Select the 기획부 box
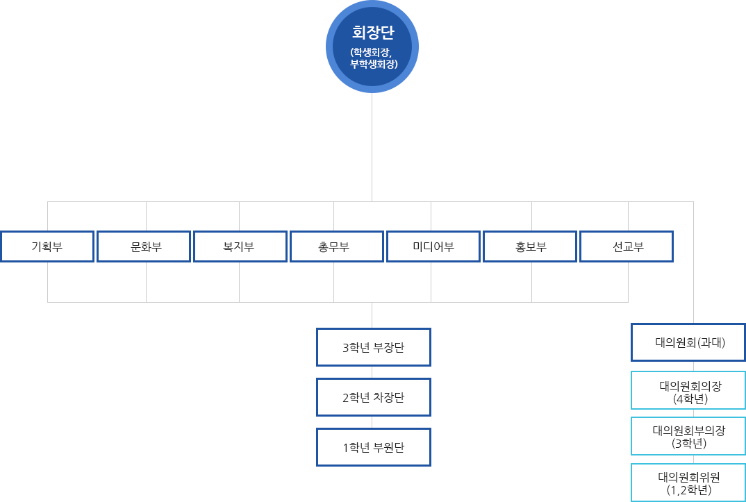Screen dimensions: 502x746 point(47,246)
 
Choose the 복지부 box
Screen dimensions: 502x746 point(239,246)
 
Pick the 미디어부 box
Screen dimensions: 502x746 point(433,246)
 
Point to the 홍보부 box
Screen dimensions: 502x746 point(531,246)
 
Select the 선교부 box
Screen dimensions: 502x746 point(627,246)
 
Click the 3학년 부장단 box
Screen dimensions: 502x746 point(373,347)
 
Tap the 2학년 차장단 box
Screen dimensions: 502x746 point(373,397)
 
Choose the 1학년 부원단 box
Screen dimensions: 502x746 point(373,447)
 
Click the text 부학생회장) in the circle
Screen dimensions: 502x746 point(374,64)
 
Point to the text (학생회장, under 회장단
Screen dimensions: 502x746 point(372,52)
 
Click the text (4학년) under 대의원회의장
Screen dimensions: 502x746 point(690,399)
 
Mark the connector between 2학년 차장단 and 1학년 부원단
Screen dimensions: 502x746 point(372,422)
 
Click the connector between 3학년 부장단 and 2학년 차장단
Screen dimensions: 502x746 point(372,372)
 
